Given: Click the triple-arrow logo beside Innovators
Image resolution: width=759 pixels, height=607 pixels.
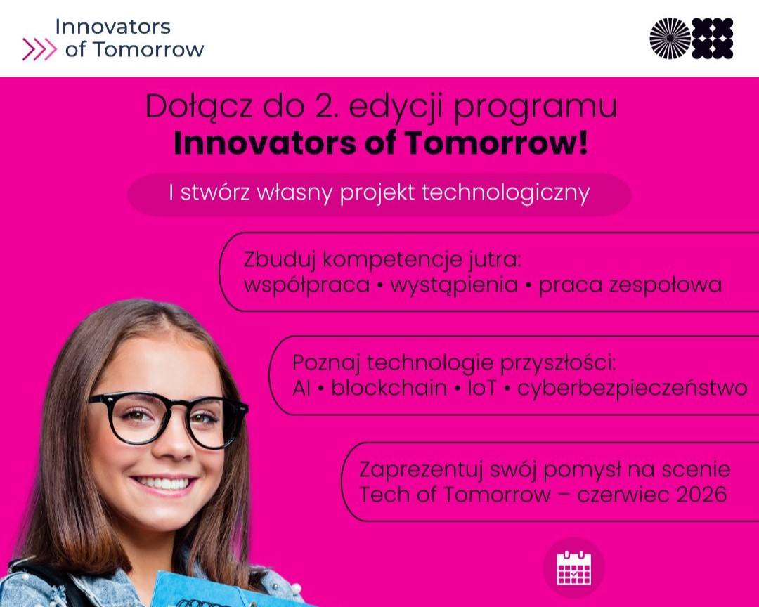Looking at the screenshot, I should [x=39, y=49].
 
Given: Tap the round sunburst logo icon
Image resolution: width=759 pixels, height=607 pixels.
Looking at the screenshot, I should [x=670, y=38].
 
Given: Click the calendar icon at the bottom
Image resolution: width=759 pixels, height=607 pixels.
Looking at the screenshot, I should [x=573, y=568].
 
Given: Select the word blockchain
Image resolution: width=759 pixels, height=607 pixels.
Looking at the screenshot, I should [x=389, y=388].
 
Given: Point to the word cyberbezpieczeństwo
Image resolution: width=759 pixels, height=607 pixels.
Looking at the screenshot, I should [x=632, y=388].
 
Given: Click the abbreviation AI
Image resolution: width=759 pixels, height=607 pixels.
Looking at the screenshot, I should [x=301, y=388].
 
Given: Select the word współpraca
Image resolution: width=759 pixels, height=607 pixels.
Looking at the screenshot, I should [x=306, y=285].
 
